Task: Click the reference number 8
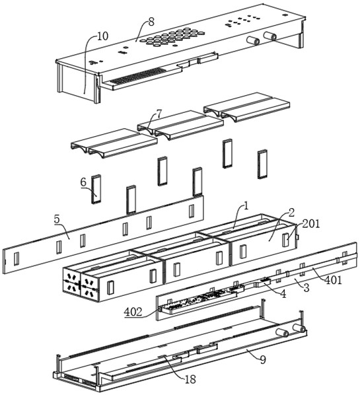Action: [x=151, y=22]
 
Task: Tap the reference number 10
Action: [x=102, y=36]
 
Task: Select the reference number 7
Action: [x=159, y=114]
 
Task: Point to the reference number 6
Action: [x=83, y=182]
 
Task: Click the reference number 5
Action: [x=57, y=219]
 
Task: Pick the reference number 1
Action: [x=246, y=206]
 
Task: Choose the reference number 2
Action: [x=291, y=213]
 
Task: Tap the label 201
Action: [x=311, y=223]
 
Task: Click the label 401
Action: [x=333, y=280]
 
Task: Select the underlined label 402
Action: [x=133, y=312]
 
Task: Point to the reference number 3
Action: [x=306, y=287]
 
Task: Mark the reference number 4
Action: [x=283, y=294]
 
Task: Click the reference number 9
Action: [x=263, y=360]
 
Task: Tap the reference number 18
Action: [x=190, y=380]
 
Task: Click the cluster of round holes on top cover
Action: [x=172, y=37]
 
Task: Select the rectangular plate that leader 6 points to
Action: [x=96, y=189]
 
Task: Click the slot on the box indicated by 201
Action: [x=285, y=239]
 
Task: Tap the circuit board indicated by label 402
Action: [x=199, y=299]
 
